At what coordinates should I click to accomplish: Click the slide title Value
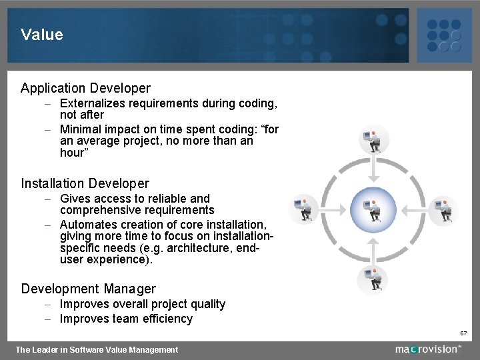pyautogui.click(x=42, y=35)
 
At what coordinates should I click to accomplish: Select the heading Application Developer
pyautogui.click(x=85, y=88)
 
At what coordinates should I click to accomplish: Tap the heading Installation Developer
pyautogui.click(x=85, y=183)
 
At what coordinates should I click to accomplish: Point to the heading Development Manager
pyautogui.click(x=88, y=289)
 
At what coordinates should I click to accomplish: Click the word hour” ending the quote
pyautogui.click(x=73, y=153)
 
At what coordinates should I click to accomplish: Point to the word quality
pyautogui.click(x=207, y=304)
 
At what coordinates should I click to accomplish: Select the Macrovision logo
pyautogui.click(x=427, y=349)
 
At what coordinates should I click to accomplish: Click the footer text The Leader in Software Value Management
pyautogui.click(x=97, y=349)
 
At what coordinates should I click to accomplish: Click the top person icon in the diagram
pyautogui.click(x=373, y=141)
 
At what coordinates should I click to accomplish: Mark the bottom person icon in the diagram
pyautogui.click(x=373, y=279)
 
